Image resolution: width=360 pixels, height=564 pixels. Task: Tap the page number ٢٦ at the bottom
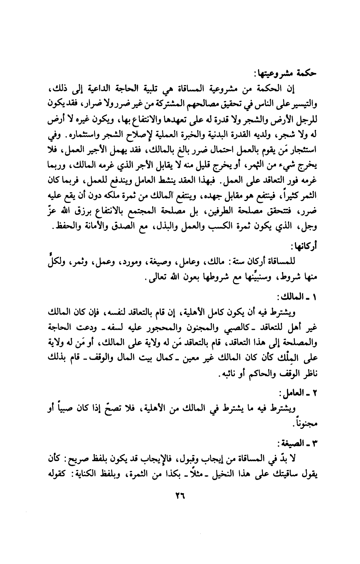pos(180,496)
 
